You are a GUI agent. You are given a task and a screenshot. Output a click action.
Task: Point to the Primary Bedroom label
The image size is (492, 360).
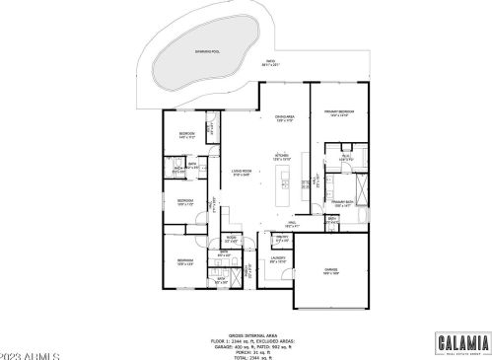point(339,113)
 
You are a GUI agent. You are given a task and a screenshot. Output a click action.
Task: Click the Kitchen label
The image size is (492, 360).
point(281,157)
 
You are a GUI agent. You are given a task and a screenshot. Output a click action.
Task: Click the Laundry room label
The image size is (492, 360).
point(278,259)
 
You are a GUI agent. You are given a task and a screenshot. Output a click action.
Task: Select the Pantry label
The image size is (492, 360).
point(281,238)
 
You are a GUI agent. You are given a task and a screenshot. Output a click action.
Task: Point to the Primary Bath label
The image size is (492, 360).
point(342,203)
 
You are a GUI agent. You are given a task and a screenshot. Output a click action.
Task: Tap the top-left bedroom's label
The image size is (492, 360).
point(185,135)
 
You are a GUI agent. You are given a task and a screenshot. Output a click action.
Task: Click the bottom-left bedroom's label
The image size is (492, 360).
point(183,262)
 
